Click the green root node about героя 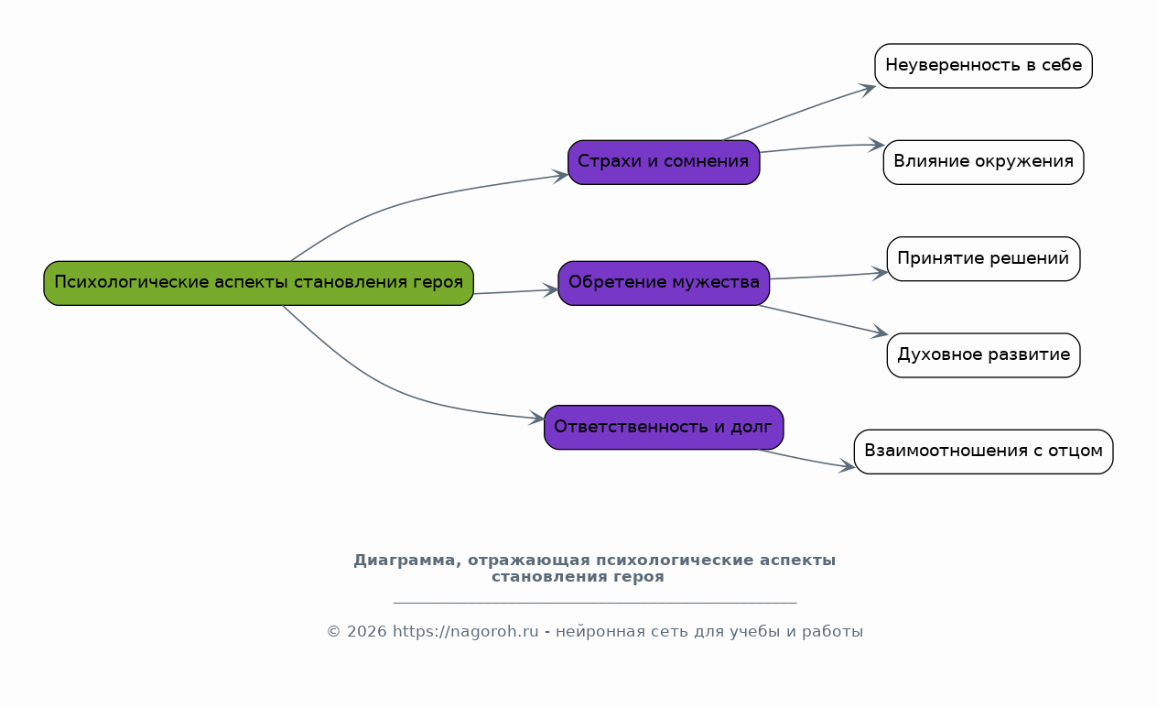(x=258, y=283)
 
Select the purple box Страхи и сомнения (x=664, y=162)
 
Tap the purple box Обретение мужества (x=664, y=283)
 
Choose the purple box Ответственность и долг (x=664, y=428)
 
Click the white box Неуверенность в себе (x=983, y=66)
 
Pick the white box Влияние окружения (x=983, y=162)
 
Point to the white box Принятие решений (x=983, y=259)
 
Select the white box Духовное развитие (x=983, y=355)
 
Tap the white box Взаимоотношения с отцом (x=983, y=452)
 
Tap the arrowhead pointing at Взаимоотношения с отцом (x=847, y=466)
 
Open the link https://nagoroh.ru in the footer (x=465, y=631)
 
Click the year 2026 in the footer (x=367, y=631)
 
